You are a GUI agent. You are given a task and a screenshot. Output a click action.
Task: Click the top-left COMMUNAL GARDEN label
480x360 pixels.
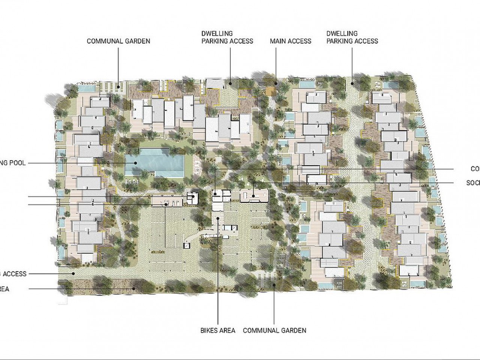click(x=118, y=41)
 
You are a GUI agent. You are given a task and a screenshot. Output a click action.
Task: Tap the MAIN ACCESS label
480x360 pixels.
click(x=291, y=41)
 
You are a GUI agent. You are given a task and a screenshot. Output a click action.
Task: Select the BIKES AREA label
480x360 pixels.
click(x=218, y=330)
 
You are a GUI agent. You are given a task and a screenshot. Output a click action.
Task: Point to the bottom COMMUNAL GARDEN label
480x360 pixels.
click(x=274, y=330)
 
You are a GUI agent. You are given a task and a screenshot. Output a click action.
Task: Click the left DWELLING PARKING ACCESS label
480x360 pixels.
click(x=227, y=37)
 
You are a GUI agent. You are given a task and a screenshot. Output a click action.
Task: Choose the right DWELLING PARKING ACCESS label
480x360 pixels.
click(x=352, y=37)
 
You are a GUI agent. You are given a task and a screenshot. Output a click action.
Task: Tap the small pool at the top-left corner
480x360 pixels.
click(x=87, y=88)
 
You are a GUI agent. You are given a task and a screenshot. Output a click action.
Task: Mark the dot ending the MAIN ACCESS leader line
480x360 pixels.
click(x=276, y=84)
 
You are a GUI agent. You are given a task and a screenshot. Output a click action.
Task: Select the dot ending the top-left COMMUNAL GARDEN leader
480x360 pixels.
click(x=118, y=87)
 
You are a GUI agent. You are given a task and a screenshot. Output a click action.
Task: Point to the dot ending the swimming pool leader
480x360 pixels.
click(x=136, y=163)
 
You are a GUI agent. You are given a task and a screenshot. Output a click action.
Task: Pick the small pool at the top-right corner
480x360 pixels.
click(x=391, y=85)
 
